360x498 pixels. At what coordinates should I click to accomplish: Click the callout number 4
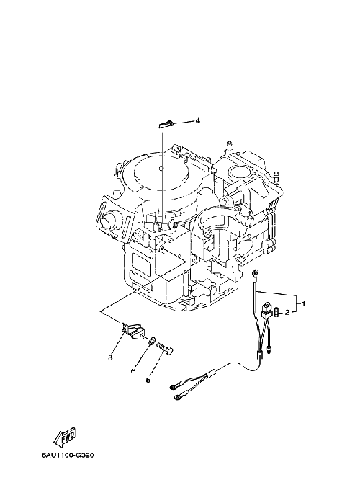[197, 120]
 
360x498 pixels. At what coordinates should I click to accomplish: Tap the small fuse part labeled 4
[166, 123]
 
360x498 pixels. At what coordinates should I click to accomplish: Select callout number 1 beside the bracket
[303, 304]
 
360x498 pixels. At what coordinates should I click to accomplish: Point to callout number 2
[287, 313]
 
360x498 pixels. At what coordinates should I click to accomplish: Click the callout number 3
[110, 357]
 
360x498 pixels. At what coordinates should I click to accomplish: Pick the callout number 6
[133, 370]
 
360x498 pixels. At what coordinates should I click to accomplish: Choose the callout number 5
[148, 380]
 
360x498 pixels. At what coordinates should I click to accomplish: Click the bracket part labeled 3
[132, 330]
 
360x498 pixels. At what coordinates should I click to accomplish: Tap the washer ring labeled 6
[152, 342]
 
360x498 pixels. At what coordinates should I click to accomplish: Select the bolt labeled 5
[166, 349]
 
